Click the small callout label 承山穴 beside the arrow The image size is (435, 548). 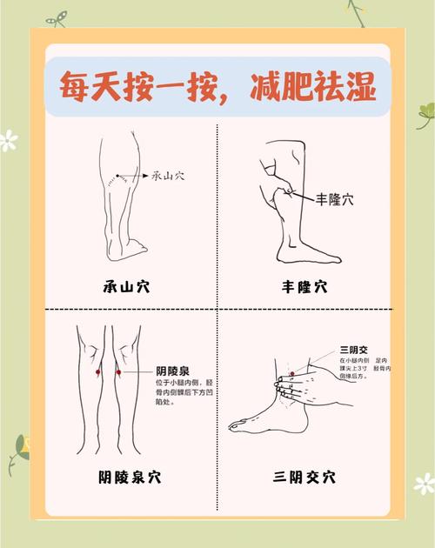point(168,176)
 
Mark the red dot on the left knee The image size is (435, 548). point(97,372)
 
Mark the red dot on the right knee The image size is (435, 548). point(119,372)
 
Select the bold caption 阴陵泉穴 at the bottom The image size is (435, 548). point(130,477)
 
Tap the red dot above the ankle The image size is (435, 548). point(291,373)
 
